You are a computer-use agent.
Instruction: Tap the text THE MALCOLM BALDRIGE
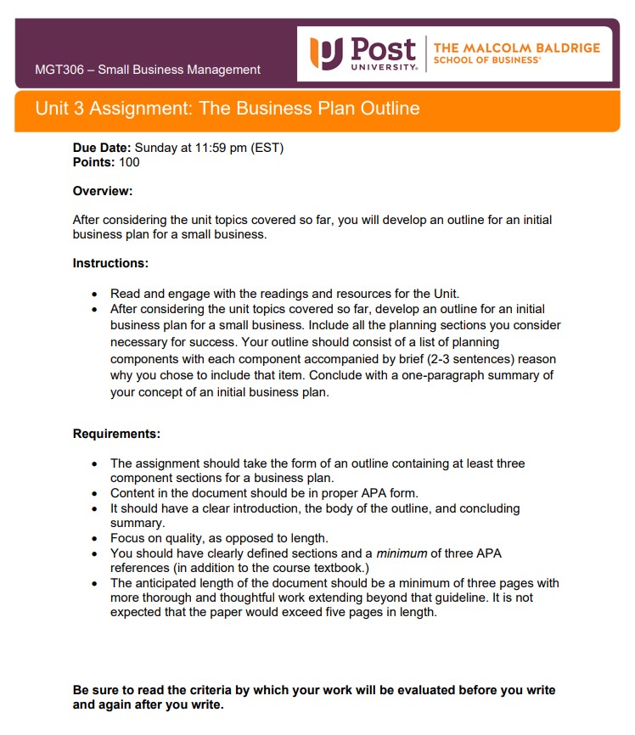(x=516, y=48)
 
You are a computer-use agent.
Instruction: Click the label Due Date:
(x=102, y=148)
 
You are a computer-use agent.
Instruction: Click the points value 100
(x=130, y=162)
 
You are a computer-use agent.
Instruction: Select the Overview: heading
(x=103, y=191)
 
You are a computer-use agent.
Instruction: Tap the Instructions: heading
(x=110, y=263)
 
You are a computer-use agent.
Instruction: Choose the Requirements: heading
(x=116, y=434)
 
